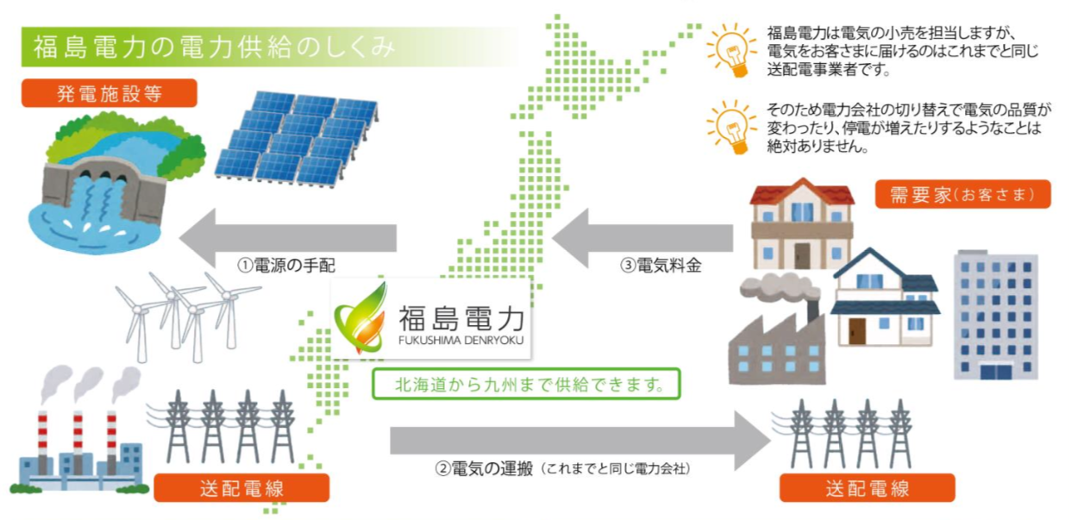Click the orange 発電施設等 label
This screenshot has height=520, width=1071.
point(109,93)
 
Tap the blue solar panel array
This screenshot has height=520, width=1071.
point(297,139)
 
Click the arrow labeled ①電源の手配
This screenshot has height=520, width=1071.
point(288,237)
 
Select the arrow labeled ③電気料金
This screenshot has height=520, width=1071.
point(642,237)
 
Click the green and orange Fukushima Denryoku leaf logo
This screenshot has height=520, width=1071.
point(360,319)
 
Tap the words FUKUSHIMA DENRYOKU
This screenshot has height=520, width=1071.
point(461,341)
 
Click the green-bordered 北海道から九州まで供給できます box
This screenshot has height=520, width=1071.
point(526,384)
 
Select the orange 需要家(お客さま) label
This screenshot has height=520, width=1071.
point(963,194)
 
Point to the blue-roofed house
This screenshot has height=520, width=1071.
point(886,298)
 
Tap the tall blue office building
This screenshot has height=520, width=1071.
point(996,316)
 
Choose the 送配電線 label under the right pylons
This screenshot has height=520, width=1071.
point(867,488)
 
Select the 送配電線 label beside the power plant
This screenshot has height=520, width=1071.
point(241,488)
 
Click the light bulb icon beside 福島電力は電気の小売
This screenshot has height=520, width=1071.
point(731,50)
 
